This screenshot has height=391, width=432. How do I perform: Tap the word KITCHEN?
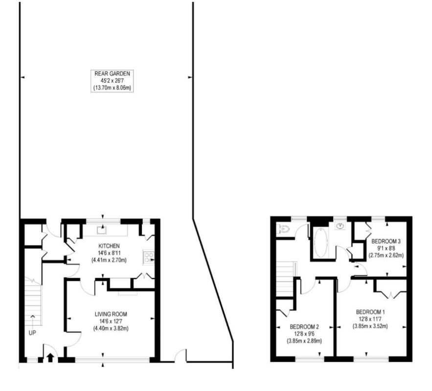point(109,246)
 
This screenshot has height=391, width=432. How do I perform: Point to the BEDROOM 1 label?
point(370,312)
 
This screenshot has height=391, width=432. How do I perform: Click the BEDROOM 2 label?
point(304,327)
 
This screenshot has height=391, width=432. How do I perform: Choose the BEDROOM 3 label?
point(386,241)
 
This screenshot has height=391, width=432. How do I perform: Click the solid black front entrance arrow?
point(50,358)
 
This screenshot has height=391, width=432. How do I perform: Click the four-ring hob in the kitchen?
point(148,258)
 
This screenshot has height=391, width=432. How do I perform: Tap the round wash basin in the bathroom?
point(341,226)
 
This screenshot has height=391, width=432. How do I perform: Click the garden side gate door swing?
point(181,355)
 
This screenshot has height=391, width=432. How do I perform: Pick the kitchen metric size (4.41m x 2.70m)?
point(109,260)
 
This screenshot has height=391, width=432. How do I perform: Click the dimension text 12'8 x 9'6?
point(304,334)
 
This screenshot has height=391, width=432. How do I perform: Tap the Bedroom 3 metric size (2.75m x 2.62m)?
point(386,255)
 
